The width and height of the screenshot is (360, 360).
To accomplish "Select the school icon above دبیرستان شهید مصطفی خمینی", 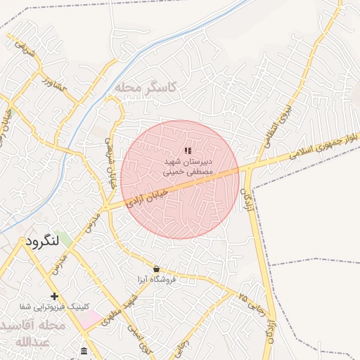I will [x=187, y=150].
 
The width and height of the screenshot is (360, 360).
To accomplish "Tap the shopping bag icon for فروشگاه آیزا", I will [x=156, y=269].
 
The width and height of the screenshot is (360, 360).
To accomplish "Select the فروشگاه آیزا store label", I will [x=165, y=279].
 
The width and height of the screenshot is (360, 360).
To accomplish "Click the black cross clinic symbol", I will [x=54, y=296].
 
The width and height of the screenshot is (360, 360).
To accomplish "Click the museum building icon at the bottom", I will [x=84, y=351].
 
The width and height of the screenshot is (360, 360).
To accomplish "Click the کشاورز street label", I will [x=53, y=86].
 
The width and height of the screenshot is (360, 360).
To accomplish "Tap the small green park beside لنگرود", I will [x=64, y=239].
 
